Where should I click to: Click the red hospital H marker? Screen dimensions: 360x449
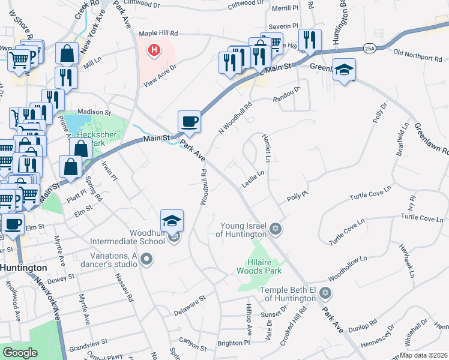coord(155,50)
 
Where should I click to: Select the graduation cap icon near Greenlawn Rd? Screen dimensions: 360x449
coord(344,70)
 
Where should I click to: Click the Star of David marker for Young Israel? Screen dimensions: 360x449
coord(276,229)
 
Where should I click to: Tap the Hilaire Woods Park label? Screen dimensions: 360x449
coord(265,266)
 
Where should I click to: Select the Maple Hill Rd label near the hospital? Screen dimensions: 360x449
coord(158,34)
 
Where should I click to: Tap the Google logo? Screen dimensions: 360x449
coord(20,353)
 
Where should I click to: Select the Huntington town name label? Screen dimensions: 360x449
coord(24,268)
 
